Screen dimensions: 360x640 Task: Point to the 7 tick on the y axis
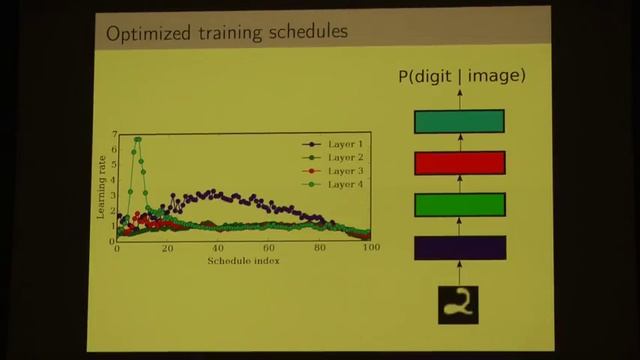pyautogui.click(x=115, y=134)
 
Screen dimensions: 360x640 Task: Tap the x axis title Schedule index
pyautogui.click(x=243, y=261)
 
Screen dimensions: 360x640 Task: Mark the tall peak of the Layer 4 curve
pyautogui.click(x=137, y=139)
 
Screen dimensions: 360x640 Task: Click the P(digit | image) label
pyautogui.click(x=460, y=76)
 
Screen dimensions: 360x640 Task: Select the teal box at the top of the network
pyautogui.click(x=460, y=121)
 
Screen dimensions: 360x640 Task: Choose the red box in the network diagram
pyautogui.click(x=460, y=163)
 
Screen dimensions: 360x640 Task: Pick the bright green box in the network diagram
pyautogui.click(x=460, y=205)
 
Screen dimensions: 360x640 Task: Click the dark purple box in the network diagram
pyautogui.click(x=460, y=247)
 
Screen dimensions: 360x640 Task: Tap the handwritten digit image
pyautogui.click(x=460, y=304)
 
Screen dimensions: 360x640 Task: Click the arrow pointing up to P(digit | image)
pyautogui.click(x=460, y=97)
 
